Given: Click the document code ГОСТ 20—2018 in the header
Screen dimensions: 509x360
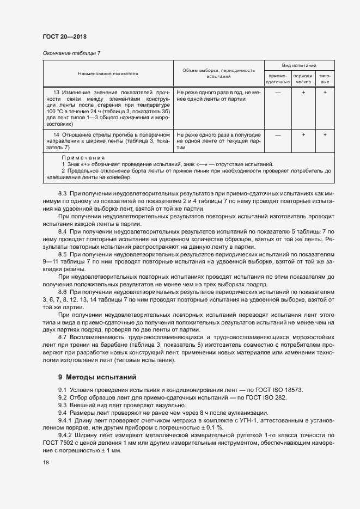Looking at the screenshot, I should coord(64,36).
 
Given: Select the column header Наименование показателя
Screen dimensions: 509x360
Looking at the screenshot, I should coord(108,73).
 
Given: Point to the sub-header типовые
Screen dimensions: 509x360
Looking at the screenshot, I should coord(325,78).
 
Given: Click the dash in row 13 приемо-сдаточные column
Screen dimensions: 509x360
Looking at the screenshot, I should coord(278,93).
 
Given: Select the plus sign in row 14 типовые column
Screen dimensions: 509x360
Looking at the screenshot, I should coord(325,134).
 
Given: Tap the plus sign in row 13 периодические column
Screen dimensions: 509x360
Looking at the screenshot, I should coord(303,93).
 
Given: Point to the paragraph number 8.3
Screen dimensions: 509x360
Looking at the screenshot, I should coord(62,193).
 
